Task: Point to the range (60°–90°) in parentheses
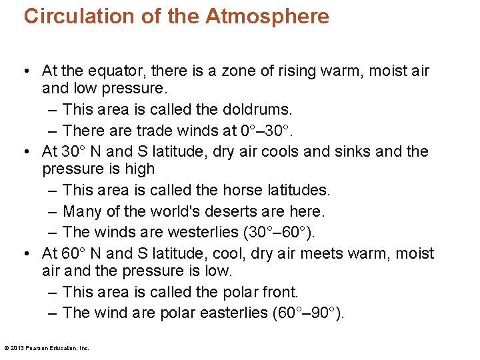309,313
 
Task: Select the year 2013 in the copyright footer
16,347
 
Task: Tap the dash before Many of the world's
53,211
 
